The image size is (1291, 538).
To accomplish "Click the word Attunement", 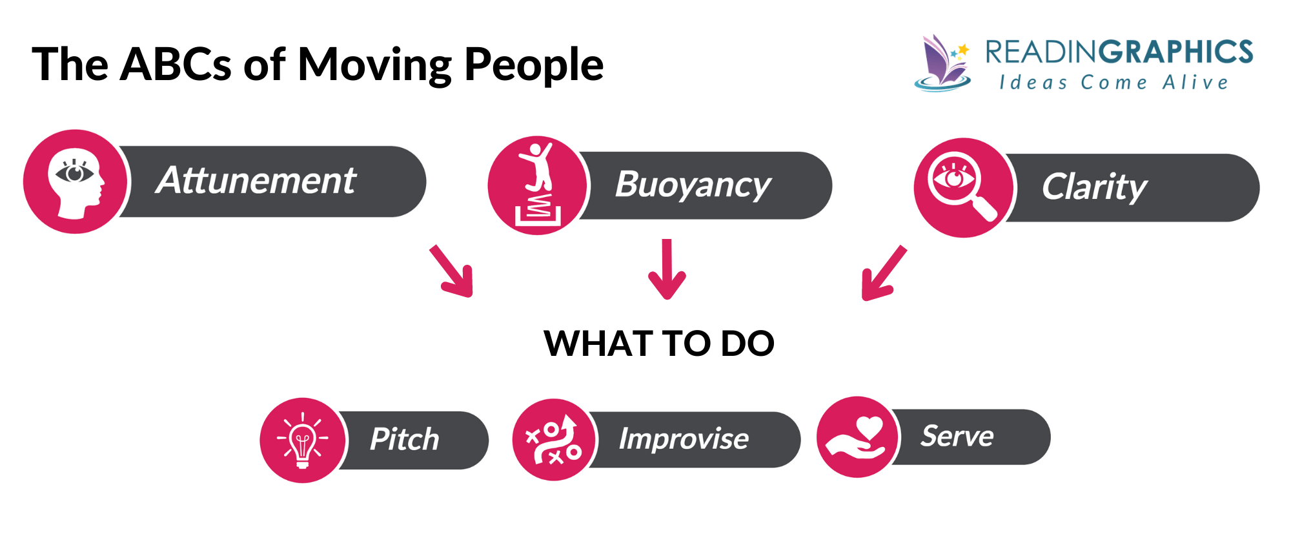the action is click(256, 180).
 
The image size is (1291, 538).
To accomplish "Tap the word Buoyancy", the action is click(693, 185).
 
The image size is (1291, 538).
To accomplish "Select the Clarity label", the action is click(1094, 187).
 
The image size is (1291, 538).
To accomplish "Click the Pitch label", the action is click(404, 440).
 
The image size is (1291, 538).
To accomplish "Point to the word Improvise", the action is click(684, 439).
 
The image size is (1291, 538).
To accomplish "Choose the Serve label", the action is click(957, 437).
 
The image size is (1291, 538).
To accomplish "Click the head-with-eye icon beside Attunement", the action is click(76, 181).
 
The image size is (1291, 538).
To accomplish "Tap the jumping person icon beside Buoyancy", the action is click(538, 185).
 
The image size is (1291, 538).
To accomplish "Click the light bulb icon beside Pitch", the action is click(302, 440).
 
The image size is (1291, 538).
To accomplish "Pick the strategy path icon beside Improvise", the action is click(554, 440).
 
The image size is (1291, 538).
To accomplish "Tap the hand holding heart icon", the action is click(857, 437).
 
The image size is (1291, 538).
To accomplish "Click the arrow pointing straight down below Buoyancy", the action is click(667, 269).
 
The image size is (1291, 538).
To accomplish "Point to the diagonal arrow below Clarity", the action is click(883, 273).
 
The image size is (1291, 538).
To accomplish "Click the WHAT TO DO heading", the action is click(658, 343).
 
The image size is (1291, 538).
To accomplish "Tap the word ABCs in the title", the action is click(176, 65).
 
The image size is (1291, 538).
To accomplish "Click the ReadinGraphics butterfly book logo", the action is click(942, 63).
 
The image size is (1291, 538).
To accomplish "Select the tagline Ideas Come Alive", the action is click(1113, 83).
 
